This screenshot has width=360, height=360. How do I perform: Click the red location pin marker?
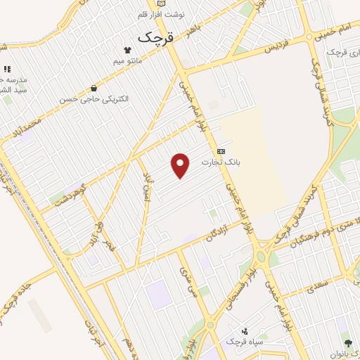coord(181,165)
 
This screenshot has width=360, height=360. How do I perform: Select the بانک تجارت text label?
coord(221,162)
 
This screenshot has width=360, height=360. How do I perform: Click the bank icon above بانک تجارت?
coord(221,150)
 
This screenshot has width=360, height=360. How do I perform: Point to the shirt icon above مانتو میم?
coord(127,50)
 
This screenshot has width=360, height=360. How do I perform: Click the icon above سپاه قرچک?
coord(244,330)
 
